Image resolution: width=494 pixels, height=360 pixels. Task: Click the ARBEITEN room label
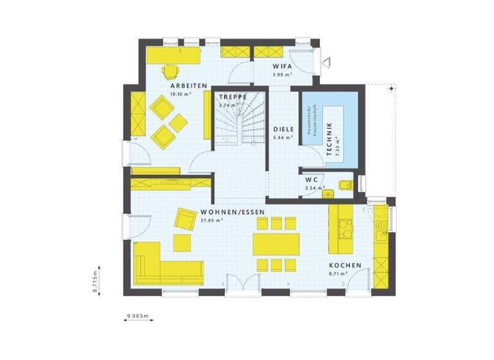coord(188,85)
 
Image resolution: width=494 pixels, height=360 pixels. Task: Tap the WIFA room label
coord(282,66)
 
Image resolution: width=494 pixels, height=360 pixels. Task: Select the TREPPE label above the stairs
coord(232,97)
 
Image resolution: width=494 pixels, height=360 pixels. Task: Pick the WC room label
coord(312,179)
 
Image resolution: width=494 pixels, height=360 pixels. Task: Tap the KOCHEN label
coord(345,265)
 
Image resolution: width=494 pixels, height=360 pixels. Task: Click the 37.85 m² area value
coord(212,220)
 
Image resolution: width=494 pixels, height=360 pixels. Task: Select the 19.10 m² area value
coord(181,94)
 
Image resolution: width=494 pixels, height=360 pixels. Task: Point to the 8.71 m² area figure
coord(338,274)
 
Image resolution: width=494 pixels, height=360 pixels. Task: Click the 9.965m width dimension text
coord(138,316)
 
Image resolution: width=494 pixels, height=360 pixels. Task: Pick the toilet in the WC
coord(345,186)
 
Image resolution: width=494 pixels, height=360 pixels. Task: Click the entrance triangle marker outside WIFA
coord(327,61)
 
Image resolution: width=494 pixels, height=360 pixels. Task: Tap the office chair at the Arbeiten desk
coord(170,71)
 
